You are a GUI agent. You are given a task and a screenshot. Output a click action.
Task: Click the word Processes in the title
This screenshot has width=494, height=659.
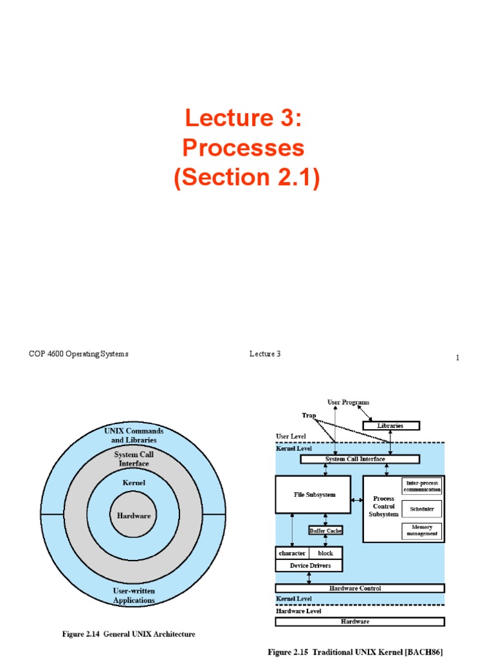click(x=243, y=148)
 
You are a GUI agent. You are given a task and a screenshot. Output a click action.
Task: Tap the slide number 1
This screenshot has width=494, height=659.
click(x=457, y=358)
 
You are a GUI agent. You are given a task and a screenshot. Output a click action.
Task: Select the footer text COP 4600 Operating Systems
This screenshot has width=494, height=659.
click(x=78, y=354)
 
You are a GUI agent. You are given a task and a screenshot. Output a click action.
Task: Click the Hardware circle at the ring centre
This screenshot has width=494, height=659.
click(x=134, y=515)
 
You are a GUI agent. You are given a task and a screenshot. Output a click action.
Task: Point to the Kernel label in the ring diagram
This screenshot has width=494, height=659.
click(x=134, y=482)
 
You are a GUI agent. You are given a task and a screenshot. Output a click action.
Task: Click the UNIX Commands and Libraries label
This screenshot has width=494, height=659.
click(x=134, y=435)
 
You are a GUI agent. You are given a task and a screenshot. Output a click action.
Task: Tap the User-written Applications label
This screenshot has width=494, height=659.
click(x=134, y=595)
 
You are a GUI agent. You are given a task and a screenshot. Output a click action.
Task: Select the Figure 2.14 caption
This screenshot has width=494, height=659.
click(x=129, y=634)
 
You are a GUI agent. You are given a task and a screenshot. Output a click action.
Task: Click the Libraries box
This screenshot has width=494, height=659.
click(x=390, y=425)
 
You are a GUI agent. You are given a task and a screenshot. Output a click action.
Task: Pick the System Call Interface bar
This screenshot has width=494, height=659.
click(x=355, y=459)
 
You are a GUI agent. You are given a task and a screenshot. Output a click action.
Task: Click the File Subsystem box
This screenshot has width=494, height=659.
click(x=313, y=495)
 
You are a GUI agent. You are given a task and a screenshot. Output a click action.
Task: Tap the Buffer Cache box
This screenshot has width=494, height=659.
click(x=325, y=530)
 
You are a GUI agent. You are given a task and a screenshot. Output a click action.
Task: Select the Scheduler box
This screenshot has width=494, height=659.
click(x=422, y=508)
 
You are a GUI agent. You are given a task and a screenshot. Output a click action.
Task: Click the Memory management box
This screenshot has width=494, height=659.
click(x=422, y=530)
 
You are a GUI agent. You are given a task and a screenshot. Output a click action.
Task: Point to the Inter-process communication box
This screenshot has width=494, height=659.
click(x=422, y=486)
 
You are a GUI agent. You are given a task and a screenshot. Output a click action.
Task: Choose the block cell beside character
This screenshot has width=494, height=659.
click(x=325, y=553)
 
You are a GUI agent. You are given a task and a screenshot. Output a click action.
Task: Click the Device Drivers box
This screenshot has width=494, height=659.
click(x=309, y=565)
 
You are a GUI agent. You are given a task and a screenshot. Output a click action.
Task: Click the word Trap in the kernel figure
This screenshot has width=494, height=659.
click(x=309, y=415)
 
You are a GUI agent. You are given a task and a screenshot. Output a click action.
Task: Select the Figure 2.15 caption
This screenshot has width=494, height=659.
click(x=355, y=652)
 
